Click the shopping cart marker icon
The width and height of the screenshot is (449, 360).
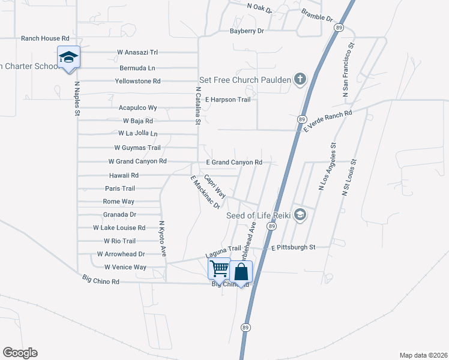coord(219,268)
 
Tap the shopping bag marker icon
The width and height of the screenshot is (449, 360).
coord(241,272)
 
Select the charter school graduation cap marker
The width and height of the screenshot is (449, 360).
coord(68,57)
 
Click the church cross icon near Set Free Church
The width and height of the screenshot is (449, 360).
coord(300,79)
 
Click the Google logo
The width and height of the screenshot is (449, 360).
coord(20,353)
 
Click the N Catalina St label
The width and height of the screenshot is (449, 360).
coord(197,106)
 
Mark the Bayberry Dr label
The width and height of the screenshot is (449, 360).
coord(247,31)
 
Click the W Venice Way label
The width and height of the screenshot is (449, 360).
coord(125,267)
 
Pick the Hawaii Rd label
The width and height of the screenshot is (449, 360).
coord(124,176)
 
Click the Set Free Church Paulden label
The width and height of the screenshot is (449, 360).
coord(246,80)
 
